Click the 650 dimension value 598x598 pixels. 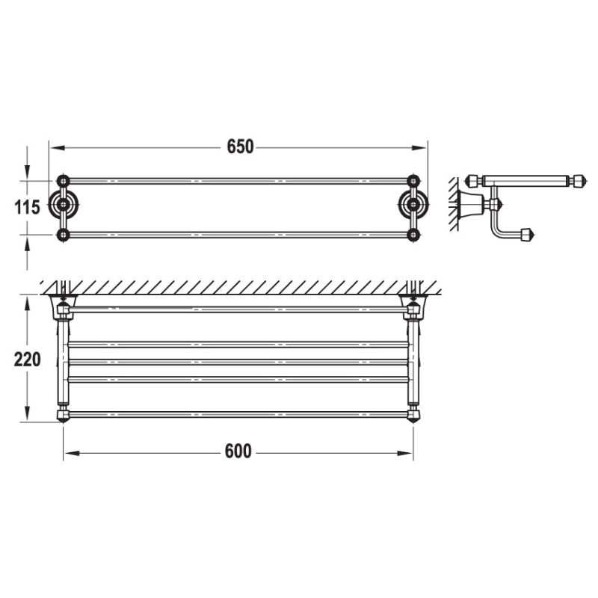[241, 147]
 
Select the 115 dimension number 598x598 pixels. [27, 207]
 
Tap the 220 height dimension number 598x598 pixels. [27, 359]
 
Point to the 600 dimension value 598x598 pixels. [238, 451]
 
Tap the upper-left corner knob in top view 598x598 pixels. [64, 181]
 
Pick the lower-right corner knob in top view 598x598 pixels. [413, 235]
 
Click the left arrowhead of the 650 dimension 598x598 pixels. [55, 147]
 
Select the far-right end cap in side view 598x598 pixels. [577, 181]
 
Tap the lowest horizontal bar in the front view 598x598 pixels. [238, 413]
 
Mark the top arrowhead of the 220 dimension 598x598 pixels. [27, 300]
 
